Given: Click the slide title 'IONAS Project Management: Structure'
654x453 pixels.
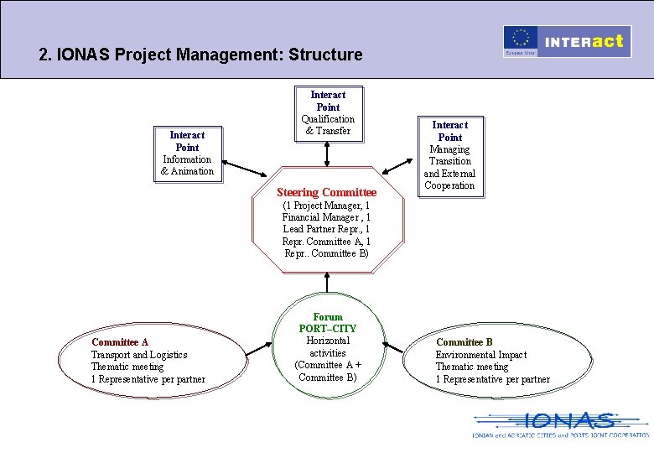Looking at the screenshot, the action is tap(201, 55).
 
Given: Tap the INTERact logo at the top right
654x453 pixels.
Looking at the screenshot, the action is tap(585, 41).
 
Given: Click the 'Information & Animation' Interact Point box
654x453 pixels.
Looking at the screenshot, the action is tap(187, 153).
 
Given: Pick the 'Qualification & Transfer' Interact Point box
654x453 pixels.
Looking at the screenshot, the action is tap(328, 112).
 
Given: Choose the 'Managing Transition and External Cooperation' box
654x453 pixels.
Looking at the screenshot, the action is tap(450, 155).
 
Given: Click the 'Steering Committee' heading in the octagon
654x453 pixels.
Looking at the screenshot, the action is tap(327, 193).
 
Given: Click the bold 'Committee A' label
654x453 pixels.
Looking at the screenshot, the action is tap(120, 342).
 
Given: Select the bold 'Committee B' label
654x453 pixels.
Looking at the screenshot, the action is tap(465, 342).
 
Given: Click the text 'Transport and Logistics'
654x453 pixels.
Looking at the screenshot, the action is tap(139, 355).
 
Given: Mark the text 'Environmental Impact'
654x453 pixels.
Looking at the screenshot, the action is tap(481, 355).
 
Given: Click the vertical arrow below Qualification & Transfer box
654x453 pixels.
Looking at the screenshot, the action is tap(328, 153).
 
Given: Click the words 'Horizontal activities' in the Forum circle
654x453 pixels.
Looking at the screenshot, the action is tap(328, 347).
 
